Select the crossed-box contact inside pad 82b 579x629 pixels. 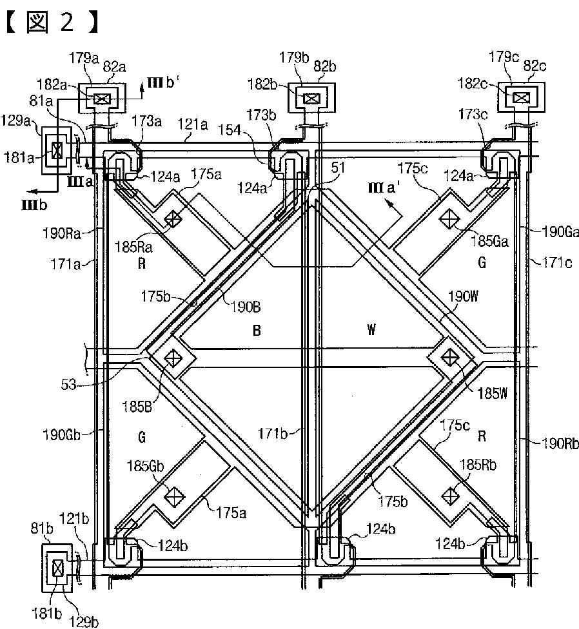tap(311, 98)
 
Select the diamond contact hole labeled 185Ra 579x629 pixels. tap(173, 219)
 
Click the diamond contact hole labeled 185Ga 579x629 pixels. tap(449, 219)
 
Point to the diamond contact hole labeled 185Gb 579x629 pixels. tap(173, 495)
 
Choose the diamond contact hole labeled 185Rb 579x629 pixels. tap(449, 495)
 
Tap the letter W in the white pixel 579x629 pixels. tap(371, 331)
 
